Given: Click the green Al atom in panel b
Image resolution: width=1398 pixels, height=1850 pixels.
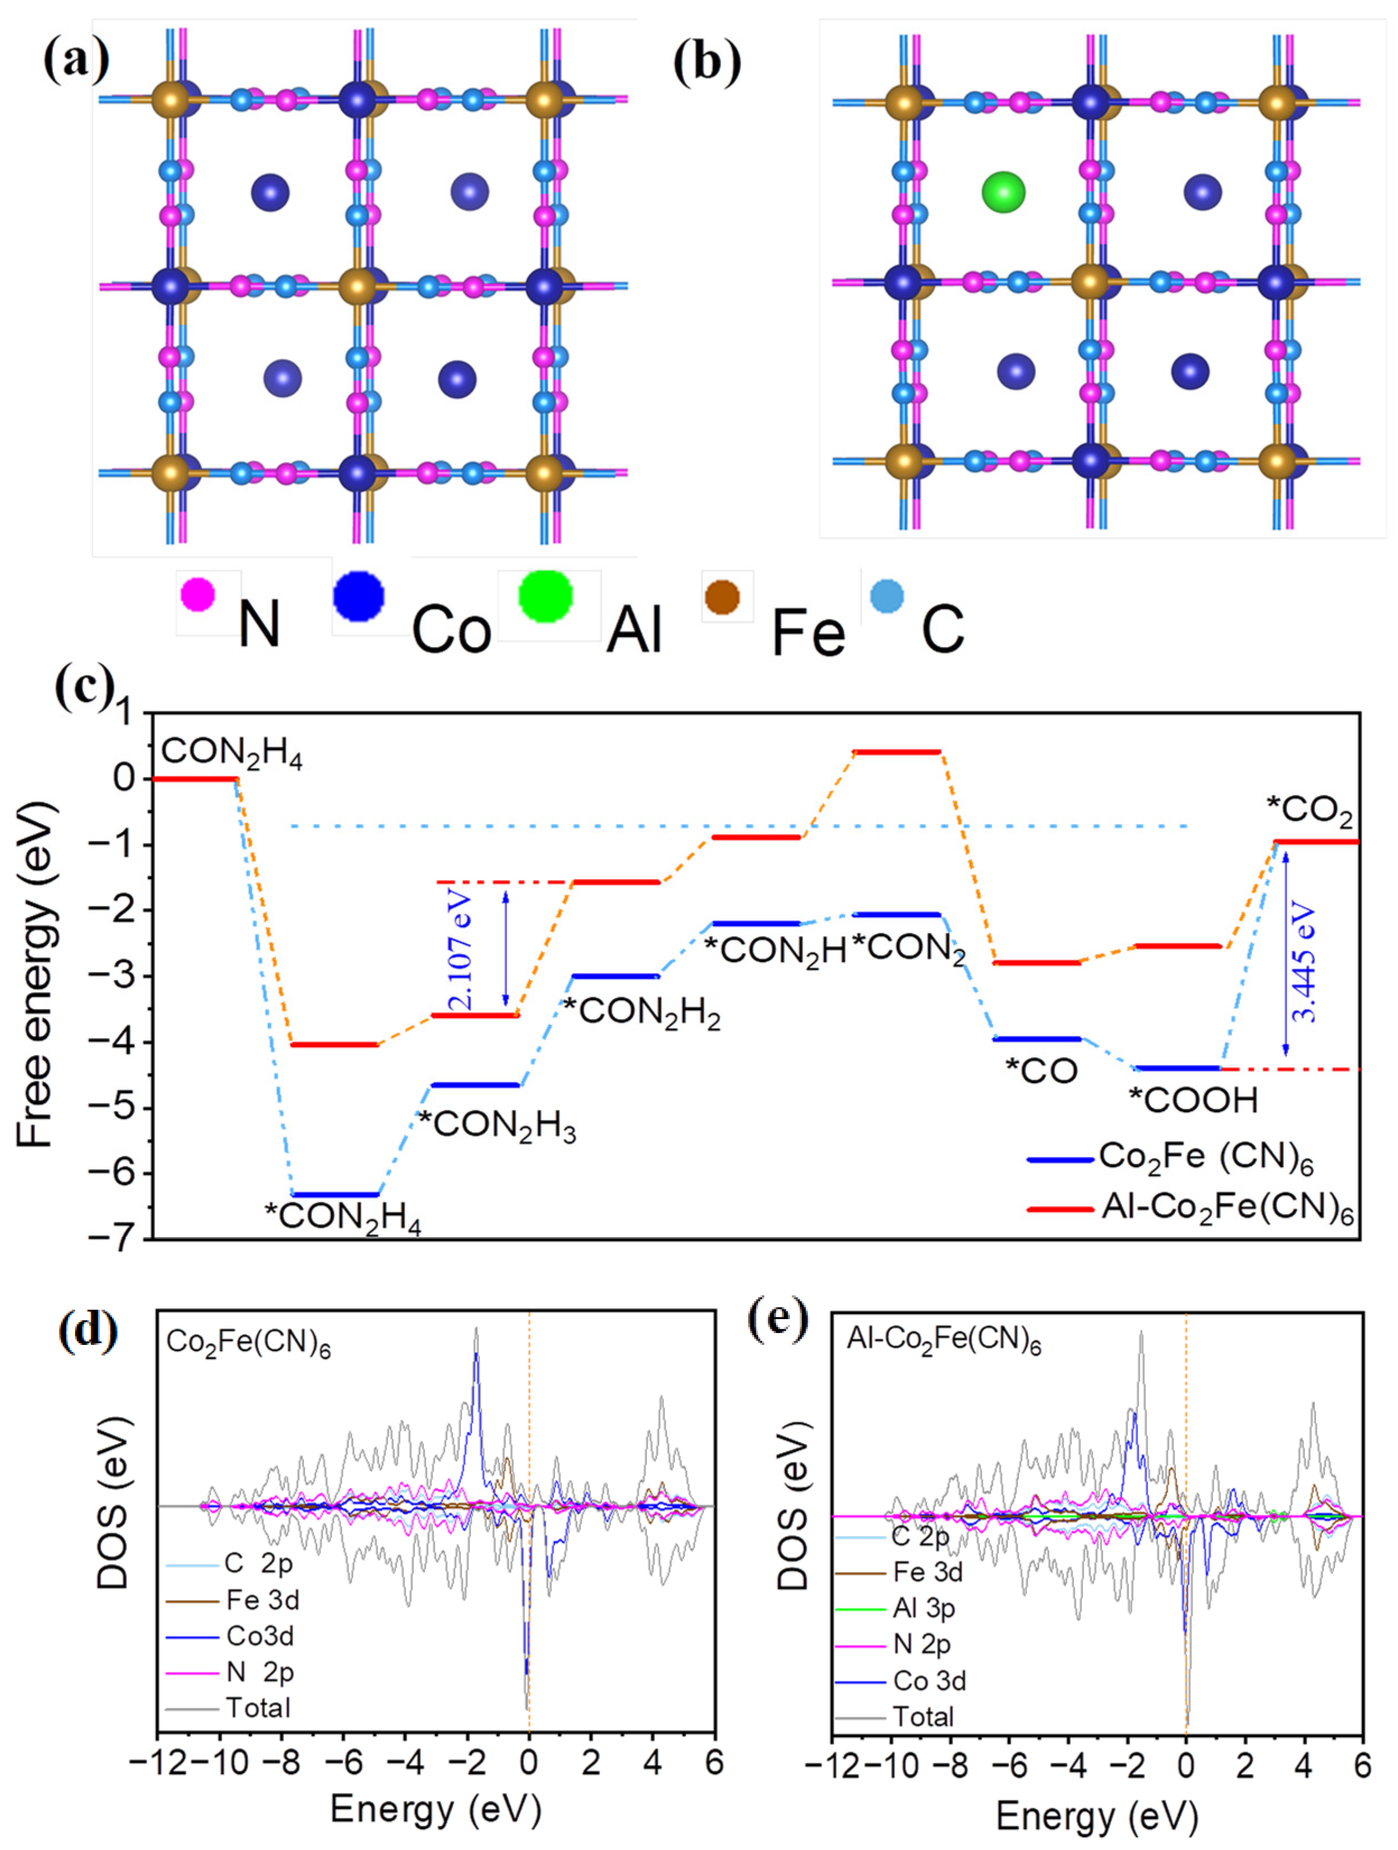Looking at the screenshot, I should [x=1004, y=192].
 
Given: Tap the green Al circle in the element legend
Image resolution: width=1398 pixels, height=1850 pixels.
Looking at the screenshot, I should [x=545, y=596].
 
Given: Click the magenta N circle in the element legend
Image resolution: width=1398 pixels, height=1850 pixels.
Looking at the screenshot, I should [x=198, y=595].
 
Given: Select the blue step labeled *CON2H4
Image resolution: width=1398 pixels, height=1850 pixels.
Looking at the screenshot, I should [x=335, y=1194].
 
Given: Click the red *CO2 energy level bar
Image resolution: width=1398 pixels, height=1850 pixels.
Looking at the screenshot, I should [x=1315, y=841].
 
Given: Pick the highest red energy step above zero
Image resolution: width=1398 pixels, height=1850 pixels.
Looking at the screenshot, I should [x=897, y=752].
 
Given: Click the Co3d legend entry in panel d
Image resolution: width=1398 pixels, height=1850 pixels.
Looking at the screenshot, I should [x=259, y=1635].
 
